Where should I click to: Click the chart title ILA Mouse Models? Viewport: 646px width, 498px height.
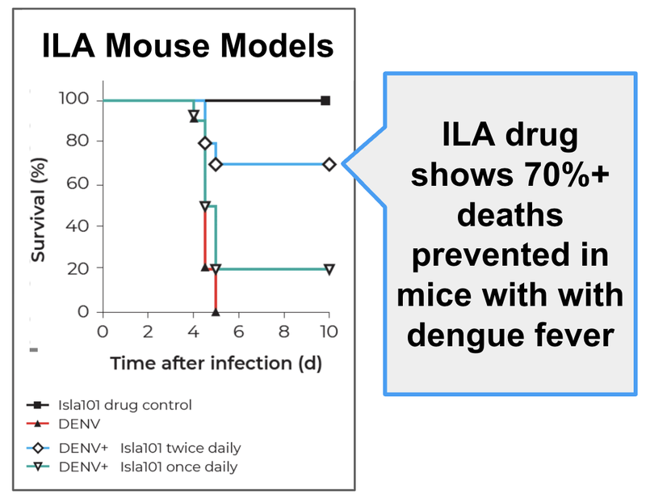click(x=188, y=47)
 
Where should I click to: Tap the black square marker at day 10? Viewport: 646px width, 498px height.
click(x=325, y=100)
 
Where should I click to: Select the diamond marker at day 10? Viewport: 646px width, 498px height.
click(x=329, y=164)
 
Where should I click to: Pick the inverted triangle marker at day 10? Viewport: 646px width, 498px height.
click(x=329, y=269)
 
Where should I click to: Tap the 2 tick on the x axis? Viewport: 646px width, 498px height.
click(x=148, y=331)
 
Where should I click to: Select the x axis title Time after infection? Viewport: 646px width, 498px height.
click(x=216, y=364)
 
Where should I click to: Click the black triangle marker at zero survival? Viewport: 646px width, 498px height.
click(x=216, y=311)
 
